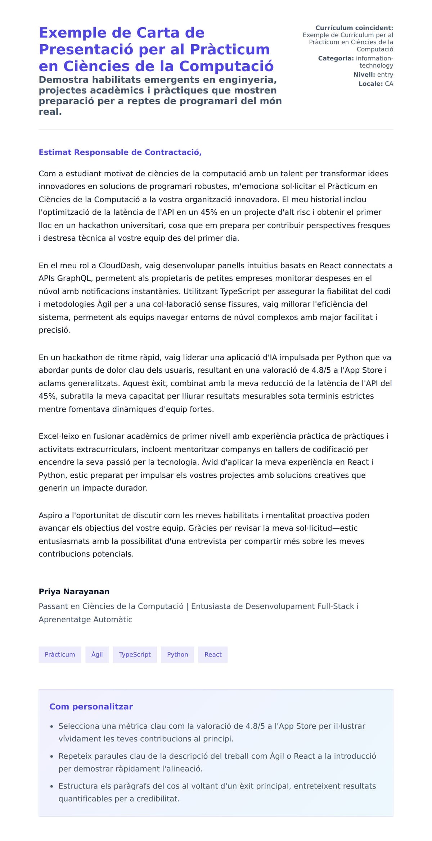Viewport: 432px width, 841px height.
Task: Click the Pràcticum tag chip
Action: (x=60, y=654)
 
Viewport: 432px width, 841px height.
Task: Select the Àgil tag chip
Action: (x=97, y=654)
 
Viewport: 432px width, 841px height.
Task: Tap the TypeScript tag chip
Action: (x=135, y=654)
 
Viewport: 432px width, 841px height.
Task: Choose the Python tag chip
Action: (x=177, y=654)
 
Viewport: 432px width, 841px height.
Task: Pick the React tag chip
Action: (x=213, y=654)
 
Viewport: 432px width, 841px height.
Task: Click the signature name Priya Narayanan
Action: (x=74, y=591)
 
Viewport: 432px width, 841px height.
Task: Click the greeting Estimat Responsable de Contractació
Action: (x=120, y=152)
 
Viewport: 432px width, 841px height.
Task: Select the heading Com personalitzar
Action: (x=91, y=706)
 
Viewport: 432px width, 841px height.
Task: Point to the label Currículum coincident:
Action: (x=354, y=28)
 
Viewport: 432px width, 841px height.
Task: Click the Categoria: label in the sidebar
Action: (x=336, y=58)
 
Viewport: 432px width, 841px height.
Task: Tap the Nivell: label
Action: (x=364, y=74)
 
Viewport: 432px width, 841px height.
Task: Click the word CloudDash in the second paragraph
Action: (x=119, y=265)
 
